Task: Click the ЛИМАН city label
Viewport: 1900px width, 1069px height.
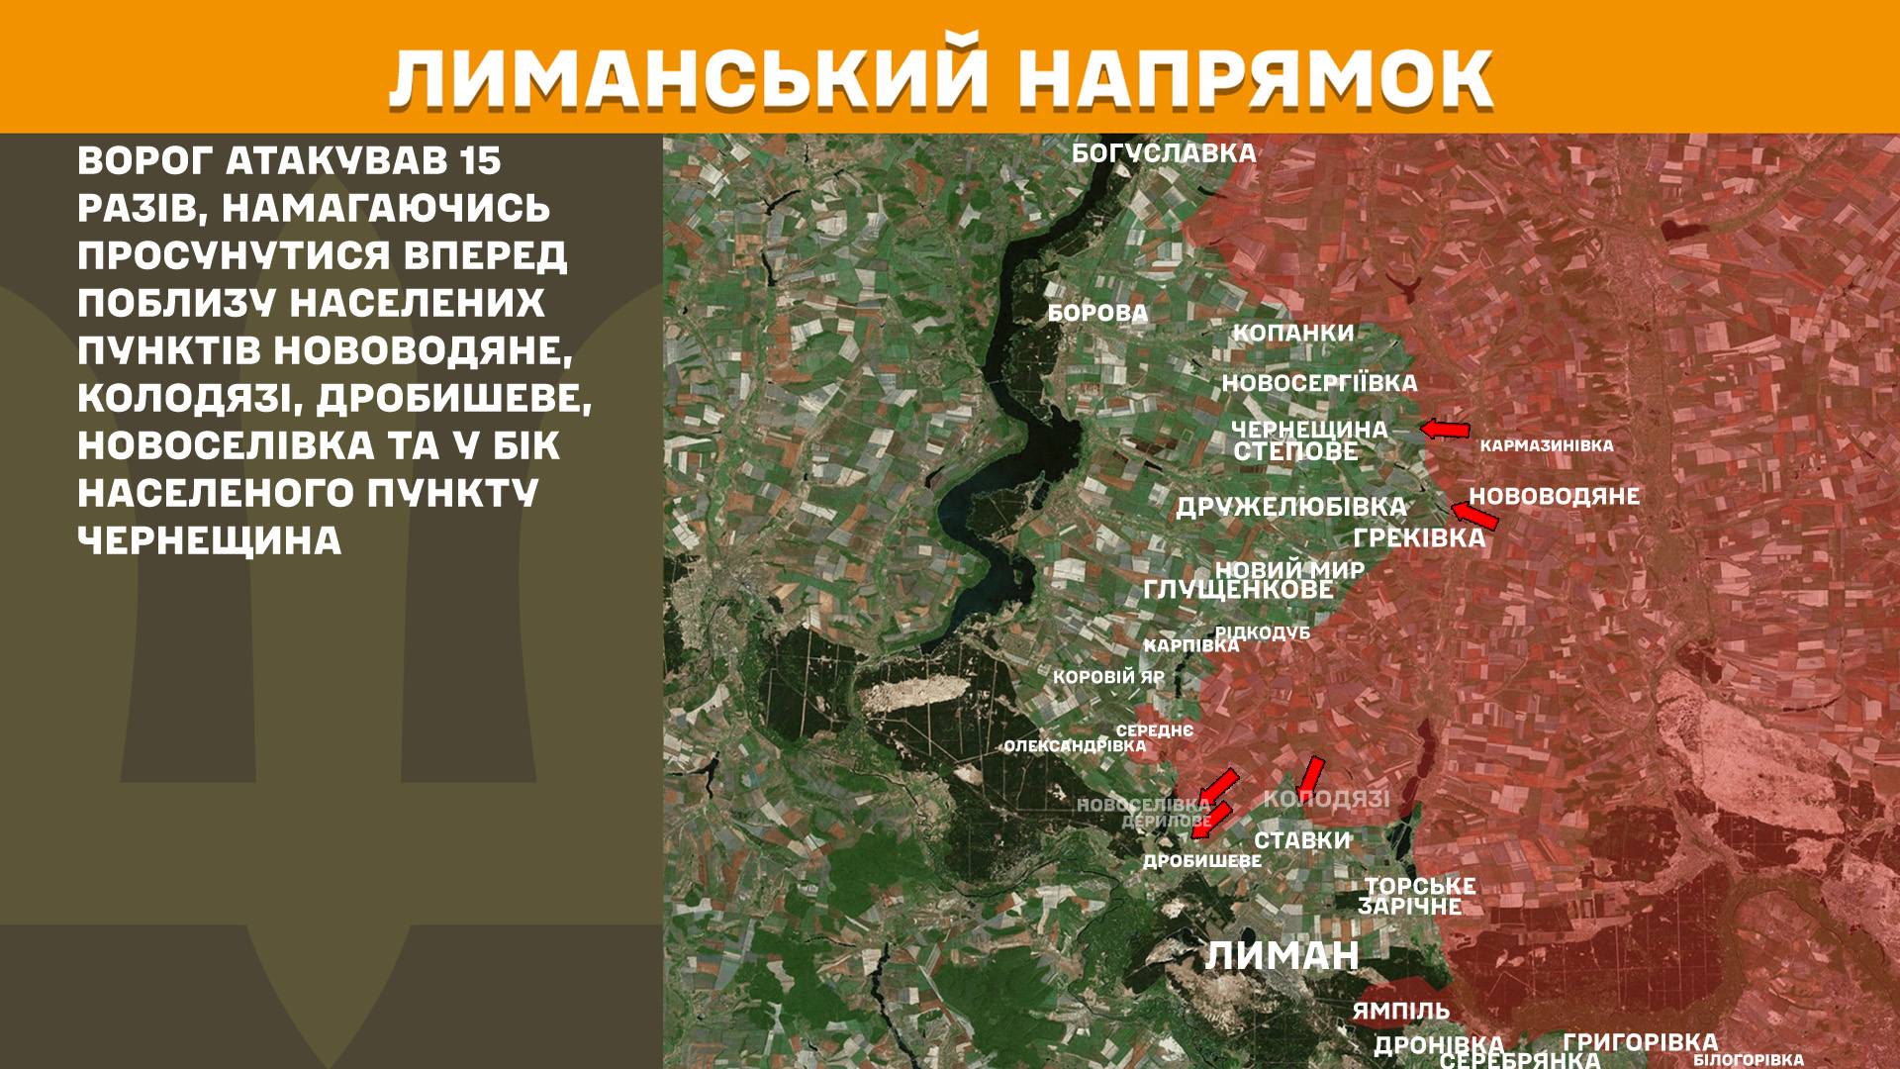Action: click(1282, 956)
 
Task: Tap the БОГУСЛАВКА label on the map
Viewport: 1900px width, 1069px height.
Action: click(1164, 153)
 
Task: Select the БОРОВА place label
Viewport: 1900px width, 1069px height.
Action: click(1097, 314)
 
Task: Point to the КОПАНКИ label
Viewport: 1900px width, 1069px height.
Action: click(1292, 333)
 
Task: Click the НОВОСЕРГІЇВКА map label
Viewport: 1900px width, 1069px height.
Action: click(1319, 383)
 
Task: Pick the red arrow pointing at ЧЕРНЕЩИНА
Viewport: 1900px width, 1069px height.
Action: click(1445, 429)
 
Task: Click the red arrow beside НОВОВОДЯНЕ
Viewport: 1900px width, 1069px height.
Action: click(1473, 516)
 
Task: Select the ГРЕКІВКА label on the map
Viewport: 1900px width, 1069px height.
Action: click(1419, 538)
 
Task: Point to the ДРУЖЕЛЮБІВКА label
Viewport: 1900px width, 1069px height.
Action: click(1290, 508)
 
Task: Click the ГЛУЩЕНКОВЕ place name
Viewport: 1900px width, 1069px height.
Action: click(1238, 590)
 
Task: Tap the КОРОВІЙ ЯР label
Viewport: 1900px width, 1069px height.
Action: click(1108, 679)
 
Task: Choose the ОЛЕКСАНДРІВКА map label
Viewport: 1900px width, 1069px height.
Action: click(1075, 746)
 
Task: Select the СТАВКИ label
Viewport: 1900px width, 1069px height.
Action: click(1302, 840)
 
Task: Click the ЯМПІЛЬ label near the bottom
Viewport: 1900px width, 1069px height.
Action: click(1400, 1012)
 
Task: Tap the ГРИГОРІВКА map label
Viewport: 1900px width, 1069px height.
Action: click(1640, 1042)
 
